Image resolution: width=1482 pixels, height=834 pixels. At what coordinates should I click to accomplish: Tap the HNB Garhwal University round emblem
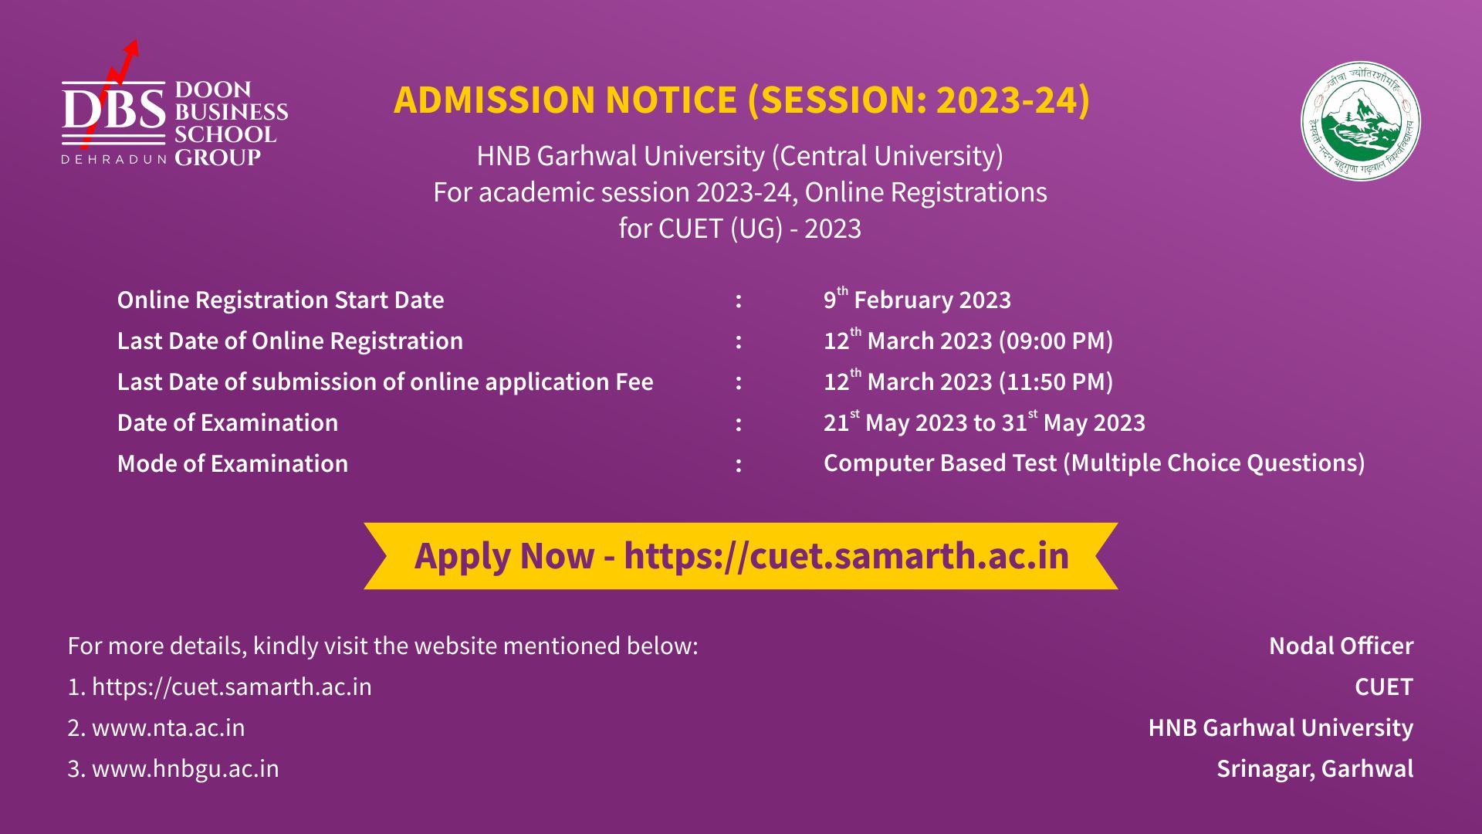1360,122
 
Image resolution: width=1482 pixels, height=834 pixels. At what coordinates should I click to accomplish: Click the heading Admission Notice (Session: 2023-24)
742,100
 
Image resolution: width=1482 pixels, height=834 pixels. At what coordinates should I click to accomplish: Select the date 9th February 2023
917,299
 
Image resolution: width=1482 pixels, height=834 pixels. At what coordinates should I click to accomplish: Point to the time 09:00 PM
1056,341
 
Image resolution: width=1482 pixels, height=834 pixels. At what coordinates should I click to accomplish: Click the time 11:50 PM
1056,381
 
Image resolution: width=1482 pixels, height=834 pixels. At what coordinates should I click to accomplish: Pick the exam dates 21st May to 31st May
984,422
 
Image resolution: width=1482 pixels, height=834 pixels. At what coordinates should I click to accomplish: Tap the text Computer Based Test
939,463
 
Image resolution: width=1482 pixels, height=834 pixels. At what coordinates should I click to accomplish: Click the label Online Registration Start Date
281,300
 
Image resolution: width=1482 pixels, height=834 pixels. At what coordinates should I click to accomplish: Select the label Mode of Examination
232,463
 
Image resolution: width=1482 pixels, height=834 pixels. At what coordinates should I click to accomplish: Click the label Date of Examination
228,422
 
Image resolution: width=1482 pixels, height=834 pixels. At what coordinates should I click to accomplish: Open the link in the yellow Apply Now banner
846,556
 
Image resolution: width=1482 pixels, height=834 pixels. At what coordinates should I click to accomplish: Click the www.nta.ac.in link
168,727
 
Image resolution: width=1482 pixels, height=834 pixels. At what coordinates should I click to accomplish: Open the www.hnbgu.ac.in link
185,768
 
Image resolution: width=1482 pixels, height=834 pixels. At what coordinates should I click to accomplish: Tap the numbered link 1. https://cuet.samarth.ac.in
220,687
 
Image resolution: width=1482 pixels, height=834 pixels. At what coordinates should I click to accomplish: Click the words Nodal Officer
1341,646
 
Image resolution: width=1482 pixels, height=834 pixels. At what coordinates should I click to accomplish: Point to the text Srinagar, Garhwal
1315,768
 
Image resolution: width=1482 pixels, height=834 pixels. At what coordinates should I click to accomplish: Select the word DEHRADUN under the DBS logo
114,160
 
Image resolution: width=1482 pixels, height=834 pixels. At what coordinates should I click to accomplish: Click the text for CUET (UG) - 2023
739,229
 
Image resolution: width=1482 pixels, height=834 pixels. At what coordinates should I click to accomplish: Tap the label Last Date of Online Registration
290,341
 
